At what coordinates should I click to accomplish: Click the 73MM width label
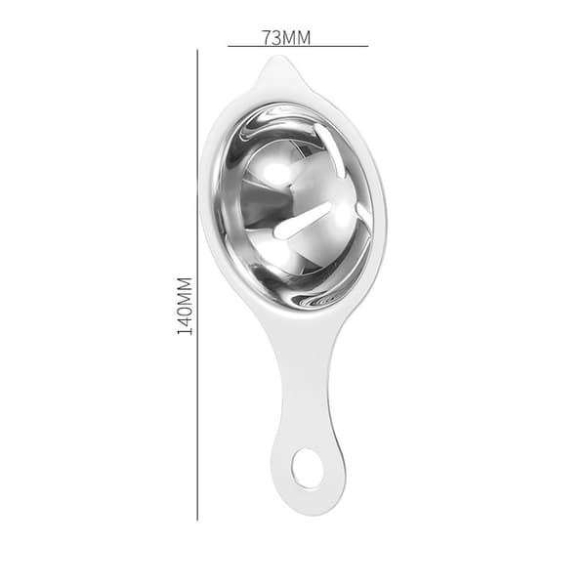[x=286, y=38]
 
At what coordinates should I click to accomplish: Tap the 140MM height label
[x=185, y=306]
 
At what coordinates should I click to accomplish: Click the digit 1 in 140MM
[x=185, y=331]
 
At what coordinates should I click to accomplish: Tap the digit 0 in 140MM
[x=185, y=310]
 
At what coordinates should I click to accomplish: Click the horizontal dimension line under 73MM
[x=298, y=46]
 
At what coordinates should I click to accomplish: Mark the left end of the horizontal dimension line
[x=228, y=46]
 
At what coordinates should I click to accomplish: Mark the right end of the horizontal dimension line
[x=368, y=46]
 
